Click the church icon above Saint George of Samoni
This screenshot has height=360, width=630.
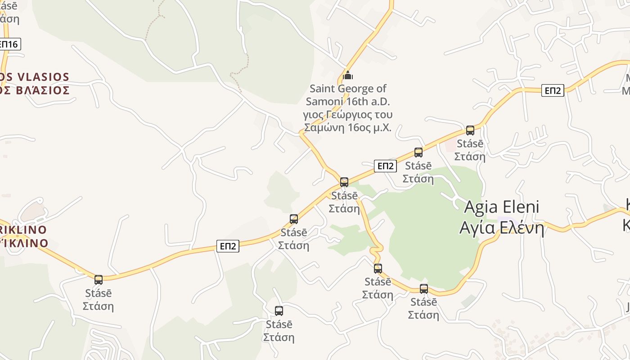point(347,75)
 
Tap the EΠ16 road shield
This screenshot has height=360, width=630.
point(9,44)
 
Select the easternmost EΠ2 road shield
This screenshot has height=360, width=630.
point(553,90)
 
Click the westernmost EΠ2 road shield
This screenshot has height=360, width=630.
point(228,246)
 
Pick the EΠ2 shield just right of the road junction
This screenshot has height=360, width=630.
point(385,166)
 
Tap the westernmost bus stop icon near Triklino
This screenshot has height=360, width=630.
point(99,279)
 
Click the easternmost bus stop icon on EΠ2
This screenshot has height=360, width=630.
point(470,130)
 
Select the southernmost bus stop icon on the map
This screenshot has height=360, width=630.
point(279,310)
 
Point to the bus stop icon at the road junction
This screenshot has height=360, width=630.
point(344,182)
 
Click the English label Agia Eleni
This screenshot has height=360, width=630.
point(501,207)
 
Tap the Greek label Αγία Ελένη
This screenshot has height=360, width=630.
point(501,228)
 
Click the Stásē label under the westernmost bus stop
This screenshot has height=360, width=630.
point(99,293)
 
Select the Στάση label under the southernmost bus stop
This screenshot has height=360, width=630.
point(279,337)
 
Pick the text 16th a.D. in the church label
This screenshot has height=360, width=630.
point(367,101)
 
